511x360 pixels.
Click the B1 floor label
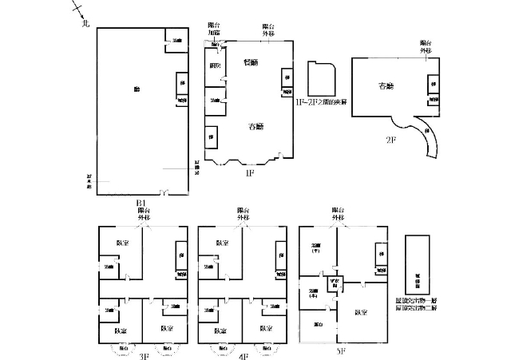(x=141, y=200)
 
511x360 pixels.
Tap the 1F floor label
(x=249, y=171)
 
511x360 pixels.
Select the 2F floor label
(x=391, y=138)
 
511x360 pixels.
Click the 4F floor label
(x=243, y=356)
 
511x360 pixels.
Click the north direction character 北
(x=85, y=23)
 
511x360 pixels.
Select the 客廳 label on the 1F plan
(x=255, y=126)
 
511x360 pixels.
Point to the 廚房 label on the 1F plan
(x=214, y=65)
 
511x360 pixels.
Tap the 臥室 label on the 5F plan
(x=361, y=312)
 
